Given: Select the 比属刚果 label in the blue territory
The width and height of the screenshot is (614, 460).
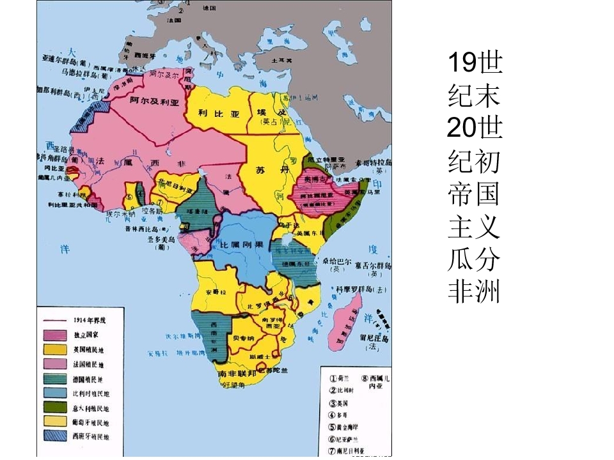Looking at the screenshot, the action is (x=242, y=245).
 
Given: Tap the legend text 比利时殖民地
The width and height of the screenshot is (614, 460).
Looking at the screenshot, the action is (x=91, y=394).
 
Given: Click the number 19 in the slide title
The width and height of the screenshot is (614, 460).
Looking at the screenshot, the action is (x=462, y=63).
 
